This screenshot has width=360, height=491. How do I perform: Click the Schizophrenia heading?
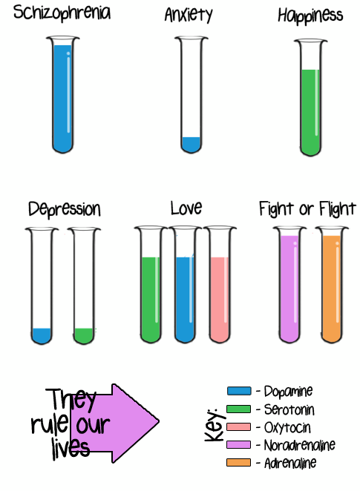[x=62, y=13]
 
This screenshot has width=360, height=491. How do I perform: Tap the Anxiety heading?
[x=189, y=15]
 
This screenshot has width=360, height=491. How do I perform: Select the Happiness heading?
[x=310, y=16]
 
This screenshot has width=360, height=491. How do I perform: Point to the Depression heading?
[x=65, y=209]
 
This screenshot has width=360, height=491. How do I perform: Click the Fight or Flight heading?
[x=307, y=209]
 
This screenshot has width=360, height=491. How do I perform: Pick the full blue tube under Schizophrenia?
[x=62, y=95]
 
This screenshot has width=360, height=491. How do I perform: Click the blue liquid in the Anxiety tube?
[x=191, y=145]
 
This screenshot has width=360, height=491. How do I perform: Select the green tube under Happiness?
[x=310, y=97]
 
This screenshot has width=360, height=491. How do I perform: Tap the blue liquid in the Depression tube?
[x=42, y=336]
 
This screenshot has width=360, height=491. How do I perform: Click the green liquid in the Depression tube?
[x=84, y=336]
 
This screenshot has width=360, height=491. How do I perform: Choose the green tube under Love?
[x=151, y=284]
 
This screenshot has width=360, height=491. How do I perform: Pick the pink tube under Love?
[x=220, y=284]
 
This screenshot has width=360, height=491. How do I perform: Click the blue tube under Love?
[x=185, y=284]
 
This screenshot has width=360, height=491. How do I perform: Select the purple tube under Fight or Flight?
[x=289, y=284]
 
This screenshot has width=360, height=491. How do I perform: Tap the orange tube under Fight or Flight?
[x=332, y=284]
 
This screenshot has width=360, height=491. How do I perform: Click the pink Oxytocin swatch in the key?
[x=239, y=426]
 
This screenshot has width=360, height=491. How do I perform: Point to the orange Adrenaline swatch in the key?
[x=239, y=463]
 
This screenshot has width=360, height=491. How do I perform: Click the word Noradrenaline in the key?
[x=300, y=445]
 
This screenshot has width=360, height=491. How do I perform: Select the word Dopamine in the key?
[x=288, y=392]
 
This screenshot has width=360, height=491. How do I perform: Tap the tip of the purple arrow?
[x=159, y=422]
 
